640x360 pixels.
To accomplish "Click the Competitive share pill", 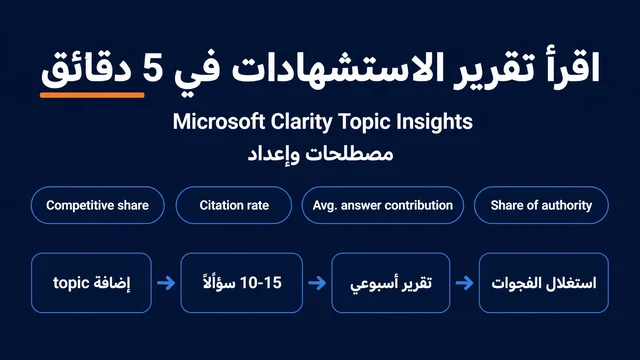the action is coord(98,205).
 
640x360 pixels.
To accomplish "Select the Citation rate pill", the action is coord(234,205).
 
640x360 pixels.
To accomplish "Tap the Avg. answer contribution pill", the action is coord(383,205).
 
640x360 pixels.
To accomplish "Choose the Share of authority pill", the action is coord(541,205).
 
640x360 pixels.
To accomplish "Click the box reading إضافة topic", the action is coord(91,283).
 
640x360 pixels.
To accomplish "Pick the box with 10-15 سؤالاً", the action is coord(242,283).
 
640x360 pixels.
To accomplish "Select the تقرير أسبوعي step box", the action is coord(391,283).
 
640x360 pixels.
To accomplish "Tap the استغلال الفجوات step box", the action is coord(544,283).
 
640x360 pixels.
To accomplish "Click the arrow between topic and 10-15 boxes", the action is coord(166,283).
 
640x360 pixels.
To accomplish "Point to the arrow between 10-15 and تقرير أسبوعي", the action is coord(317,283).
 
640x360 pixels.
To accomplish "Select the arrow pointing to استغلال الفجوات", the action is coord(464,283).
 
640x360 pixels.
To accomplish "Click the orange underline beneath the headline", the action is coord(92,95).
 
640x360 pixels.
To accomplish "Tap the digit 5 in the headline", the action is coord(153,68).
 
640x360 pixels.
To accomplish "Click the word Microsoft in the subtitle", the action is coord(219,122).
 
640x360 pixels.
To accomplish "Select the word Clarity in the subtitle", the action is coord(302,122).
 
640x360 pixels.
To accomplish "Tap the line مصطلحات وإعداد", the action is coord(320,154).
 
